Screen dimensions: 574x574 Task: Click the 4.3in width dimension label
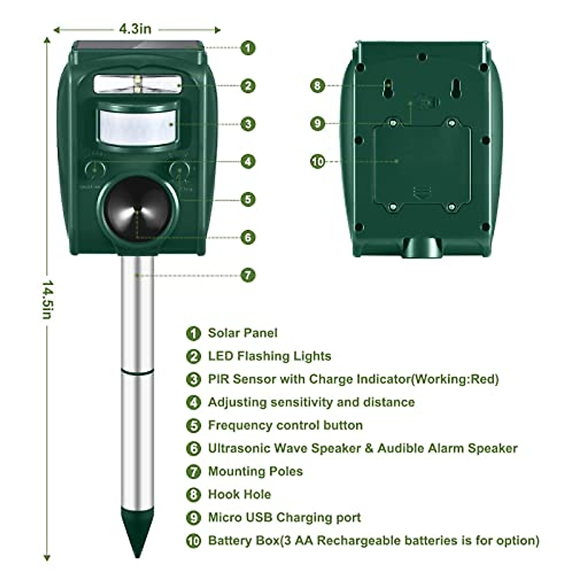[x=135, y=29]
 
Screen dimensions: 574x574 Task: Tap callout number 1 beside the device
[x=247, y=48]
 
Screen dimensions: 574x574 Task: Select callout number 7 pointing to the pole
[x=247, y=275]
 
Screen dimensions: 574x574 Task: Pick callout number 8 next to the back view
[x=317, y=86]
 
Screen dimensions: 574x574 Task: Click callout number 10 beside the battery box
[x=318, y=162]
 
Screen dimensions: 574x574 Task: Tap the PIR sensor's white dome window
[x=138, y=126]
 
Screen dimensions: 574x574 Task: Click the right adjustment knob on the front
[x=180, y=171]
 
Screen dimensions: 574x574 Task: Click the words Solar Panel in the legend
[x=243, y=333]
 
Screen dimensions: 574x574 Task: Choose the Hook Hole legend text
[x=239, y=494]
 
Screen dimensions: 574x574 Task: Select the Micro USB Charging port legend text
[x=284, y=518]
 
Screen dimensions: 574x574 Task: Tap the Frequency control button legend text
[x=285, y=425]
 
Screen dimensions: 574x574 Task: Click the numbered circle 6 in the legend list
[x=193, y=449]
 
